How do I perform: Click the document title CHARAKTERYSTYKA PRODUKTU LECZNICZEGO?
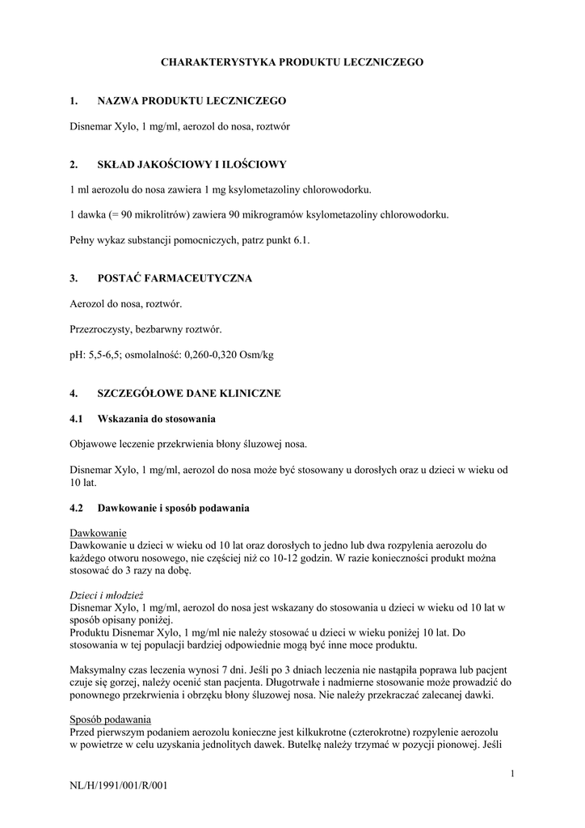(x=292, y=61)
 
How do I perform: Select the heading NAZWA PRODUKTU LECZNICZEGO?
(x=191, y=101)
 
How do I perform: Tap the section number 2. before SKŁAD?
(x=74, y=165)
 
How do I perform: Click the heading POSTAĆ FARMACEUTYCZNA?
(x=175, y=278)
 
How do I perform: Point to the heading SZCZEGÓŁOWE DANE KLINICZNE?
(x=189, y=394)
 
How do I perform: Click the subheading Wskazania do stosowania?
(x=156, y=420)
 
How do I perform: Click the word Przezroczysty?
(x=103, y=329)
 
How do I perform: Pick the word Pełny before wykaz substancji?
(x=83, y=240)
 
